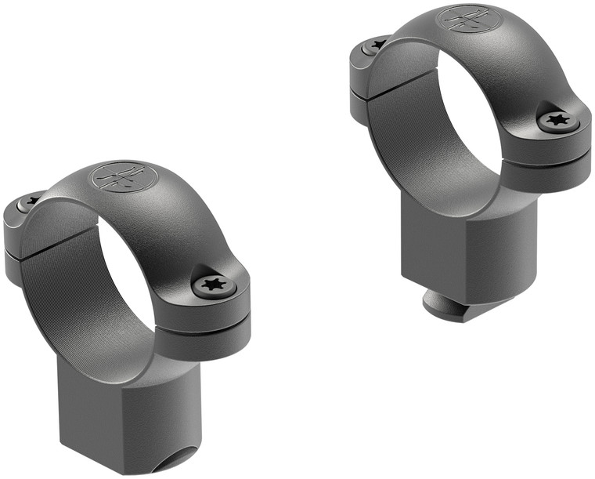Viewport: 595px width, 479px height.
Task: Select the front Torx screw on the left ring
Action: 213,285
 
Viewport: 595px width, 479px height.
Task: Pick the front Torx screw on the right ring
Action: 559,120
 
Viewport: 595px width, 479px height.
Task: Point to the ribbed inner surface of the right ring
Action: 407,141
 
